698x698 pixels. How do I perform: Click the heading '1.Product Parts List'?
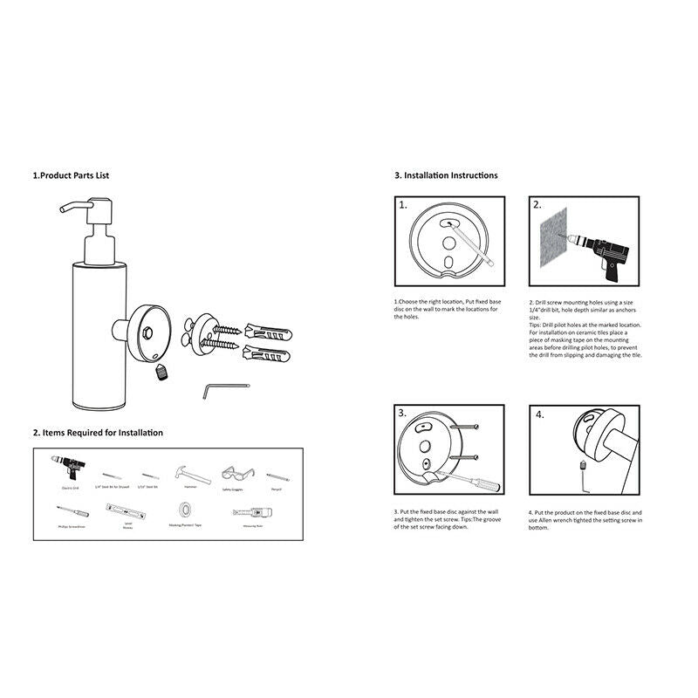point(71,175)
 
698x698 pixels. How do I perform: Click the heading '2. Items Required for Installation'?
point(98,433)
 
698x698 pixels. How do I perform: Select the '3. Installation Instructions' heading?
point(446,175)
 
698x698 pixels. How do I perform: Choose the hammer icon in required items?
point(192,475)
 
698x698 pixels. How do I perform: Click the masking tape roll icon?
point(186,510)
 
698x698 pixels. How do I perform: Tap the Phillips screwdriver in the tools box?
point(73,510)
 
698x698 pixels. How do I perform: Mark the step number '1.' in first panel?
point(403,206)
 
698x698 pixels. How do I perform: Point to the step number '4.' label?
point(539,414)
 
